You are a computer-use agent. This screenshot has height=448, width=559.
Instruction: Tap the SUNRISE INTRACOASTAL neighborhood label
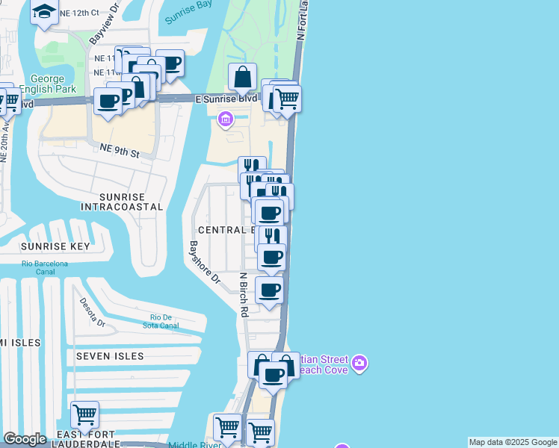[121, 201]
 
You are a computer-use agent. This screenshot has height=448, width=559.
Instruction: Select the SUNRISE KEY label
[55, 246]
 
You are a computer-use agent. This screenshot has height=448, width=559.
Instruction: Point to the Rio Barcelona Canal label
[45, 268]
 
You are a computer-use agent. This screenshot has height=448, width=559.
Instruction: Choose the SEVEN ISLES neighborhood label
[109, 356]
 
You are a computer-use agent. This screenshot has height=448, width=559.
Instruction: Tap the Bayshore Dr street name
[204, 262]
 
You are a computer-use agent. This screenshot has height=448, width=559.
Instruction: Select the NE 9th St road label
[120, 152]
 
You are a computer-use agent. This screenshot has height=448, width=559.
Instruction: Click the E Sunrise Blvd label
[226, 99]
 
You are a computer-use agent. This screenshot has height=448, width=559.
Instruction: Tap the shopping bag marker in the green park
[243, 76]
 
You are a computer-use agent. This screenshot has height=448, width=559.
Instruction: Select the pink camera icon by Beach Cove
[360, 363]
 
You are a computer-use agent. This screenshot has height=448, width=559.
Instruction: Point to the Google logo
[25, 439]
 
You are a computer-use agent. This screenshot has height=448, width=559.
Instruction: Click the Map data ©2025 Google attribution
[513, 442]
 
